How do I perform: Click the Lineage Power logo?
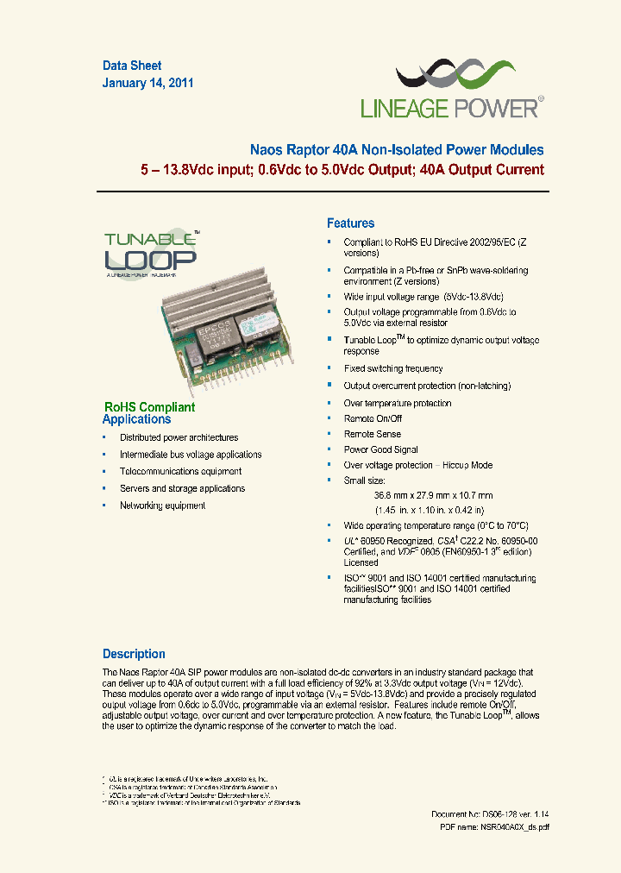451,89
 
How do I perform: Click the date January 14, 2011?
147,84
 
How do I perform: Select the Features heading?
350,223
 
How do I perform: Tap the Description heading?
134,654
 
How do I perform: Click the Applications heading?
136,419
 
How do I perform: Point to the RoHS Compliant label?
149,407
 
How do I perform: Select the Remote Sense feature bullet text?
373,434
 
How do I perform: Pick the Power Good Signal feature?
381,449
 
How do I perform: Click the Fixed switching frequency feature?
393,368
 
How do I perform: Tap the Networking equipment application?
162,506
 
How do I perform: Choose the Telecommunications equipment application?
180,471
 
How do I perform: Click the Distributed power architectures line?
179,437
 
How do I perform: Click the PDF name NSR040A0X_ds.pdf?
494,826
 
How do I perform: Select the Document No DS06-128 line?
490,814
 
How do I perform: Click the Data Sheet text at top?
132,66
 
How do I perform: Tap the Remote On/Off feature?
373,418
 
